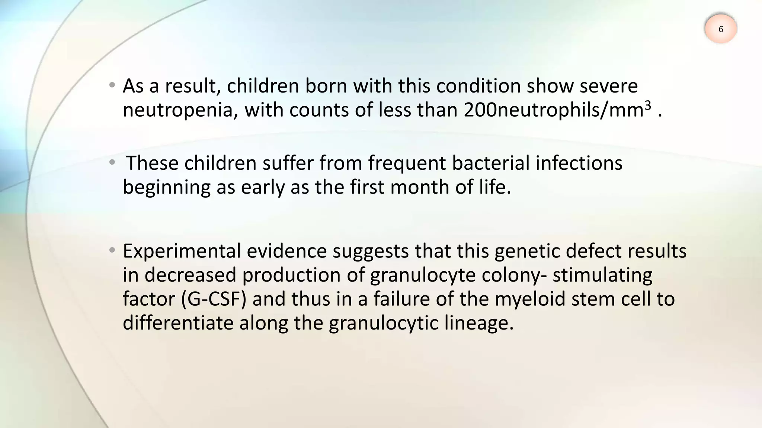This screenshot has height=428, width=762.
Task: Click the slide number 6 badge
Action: pyautogui.click(x=721, y=29)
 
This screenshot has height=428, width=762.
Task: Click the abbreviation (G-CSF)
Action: pyautogui.click(x=214, y=299)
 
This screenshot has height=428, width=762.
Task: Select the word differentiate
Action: pyautogui.click(x=178, y=322)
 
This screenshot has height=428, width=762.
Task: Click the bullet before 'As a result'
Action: pyautogui.click(x=112, y=86)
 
